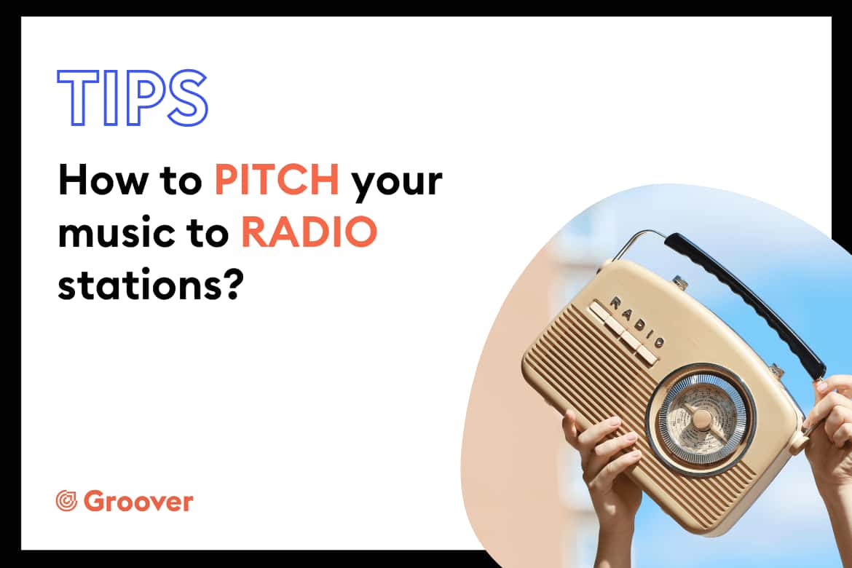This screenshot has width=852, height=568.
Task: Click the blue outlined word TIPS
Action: [133, 98]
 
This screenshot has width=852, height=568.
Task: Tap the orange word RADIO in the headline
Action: [309, 232]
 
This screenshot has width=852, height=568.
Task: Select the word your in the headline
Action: [397, 184]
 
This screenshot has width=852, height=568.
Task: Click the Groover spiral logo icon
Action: [67, 501]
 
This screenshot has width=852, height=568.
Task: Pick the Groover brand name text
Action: [138, 501]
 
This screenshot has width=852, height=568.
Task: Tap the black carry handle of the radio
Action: [745, 301]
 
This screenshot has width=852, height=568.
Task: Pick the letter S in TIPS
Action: [187, 98]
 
